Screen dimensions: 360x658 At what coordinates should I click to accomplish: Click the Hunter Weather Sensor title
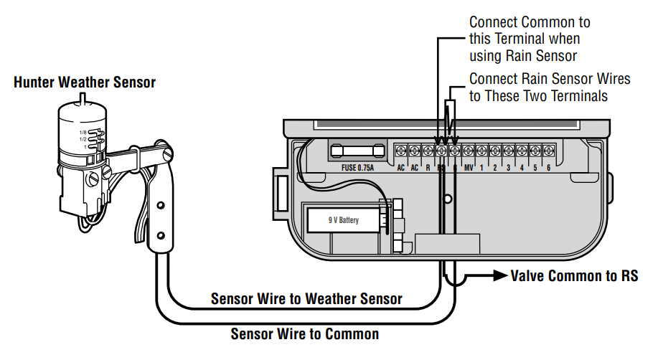pos(85,82)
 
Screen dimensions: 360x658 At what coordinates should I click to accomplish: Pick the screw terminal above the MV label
pos(468,151)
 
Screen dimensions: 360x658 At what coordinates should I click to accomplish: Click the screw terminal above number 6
pos(548,151)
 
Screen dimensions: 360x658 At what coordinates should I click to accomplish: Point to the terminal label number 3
pos(508,169)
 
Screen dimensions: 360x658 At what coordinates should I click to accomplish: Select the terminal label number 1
pos(481,169)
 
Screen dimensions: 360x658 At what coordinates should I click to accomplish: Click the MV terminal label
pos(468,169)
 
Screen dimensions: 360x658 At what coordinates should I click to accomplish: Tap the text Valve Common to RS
pos(573,276)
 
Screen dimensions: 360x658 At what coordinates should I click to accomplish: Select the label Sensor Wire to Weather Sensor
pos(306,298)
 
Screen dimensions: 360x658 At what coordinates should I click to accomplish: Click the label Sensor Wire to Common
pos(304,333)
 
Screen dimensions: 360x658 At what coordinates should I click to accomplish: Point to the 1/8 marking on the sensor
pos(83,133)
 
